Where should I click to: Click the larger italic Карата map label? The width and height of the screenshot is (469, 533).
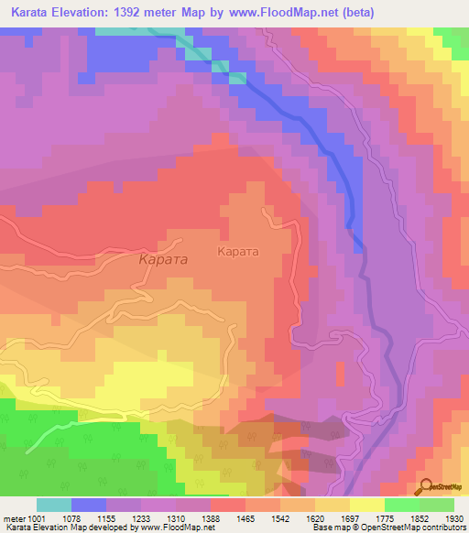click(163, 260)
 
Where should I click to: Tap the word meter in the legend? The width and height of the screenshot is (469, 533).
click(15, 518)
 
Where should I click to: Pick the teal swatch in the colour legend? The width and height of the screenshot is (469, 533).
click(53, 505)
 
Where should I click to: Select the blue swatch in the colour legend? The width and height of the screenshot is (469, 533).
click(88, 505)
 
